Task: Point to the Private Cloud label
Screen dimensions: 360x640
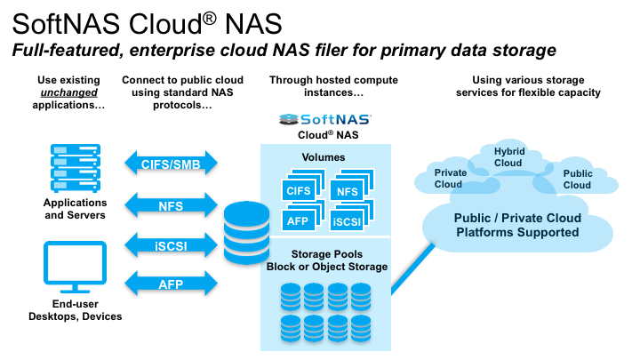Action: (448, 178)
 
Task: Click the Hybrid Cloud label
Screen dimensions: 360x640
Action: (508, 157)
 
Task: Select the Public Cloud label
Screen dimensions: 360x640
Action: (577, 180)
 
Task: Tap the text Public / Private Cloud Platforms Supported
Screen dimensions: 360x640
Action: (517, 225)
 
